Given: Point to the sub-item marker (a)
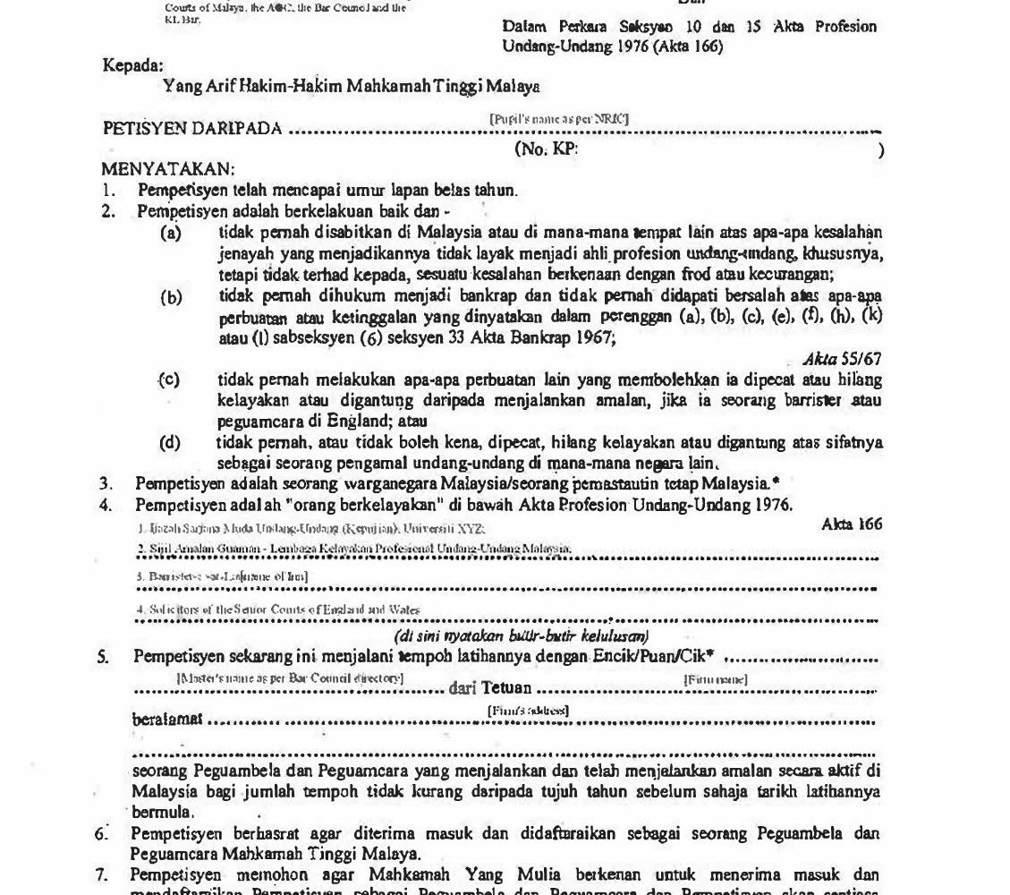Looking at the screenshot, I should coord(170,234).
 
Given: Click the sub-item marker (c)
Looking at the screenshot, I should coord(169,379).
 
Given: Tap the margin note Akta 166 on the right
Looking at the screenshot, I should coord(851,524).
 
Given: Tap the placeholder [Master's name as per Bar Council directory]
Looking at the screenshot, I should coord(290,678).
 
